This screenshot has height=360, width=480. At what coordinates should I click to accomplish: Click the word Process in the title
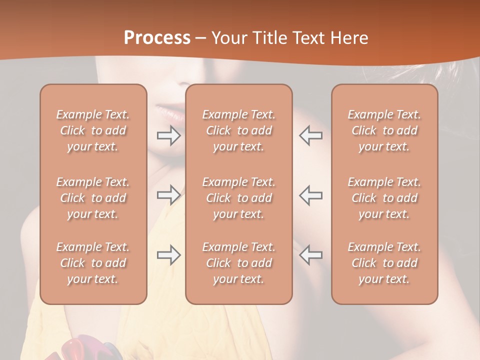point(157,38)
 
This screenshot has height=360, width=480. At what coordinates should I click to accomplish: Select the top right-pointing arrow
point(169,135)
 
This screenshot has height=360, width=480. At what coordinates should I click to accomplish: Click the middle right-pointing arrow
point(169,194)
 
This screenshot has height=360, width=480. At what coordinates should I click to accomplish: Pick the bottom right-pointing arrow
point(169,255)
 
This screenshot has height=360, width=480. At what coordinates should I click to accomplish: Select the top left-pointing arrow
point(310,135)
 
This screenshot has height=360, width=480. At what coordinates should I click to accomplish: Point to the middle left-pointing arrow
point(310,194)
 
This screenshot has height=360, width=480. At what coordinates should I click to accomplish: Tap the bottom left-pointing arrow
point(310,255)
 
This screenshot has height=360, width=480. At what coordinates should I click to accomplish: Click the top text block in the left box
point(93,130)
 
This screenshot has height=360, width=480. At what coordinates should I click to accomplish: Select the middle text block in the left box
point(93,198)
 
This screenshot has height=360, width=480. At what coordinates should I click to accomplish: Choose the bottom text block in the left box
point(93,263)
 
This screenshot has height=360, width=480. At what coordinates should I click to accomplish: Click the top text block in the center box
point(238,130)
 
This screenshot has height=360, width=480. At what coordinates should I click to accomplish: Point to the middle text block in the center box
point(238,198)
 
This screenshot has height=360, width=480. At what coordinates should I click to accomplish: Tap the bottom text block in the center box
point(238,263)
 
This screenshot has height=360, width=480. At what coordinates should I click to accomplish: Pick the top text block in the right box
point(384,130)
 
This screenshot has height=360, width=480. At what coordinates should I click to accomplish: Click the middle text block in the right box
point(384,198)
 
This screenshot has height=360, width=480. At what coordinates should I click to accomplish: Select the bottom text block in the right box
point(384,263)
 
